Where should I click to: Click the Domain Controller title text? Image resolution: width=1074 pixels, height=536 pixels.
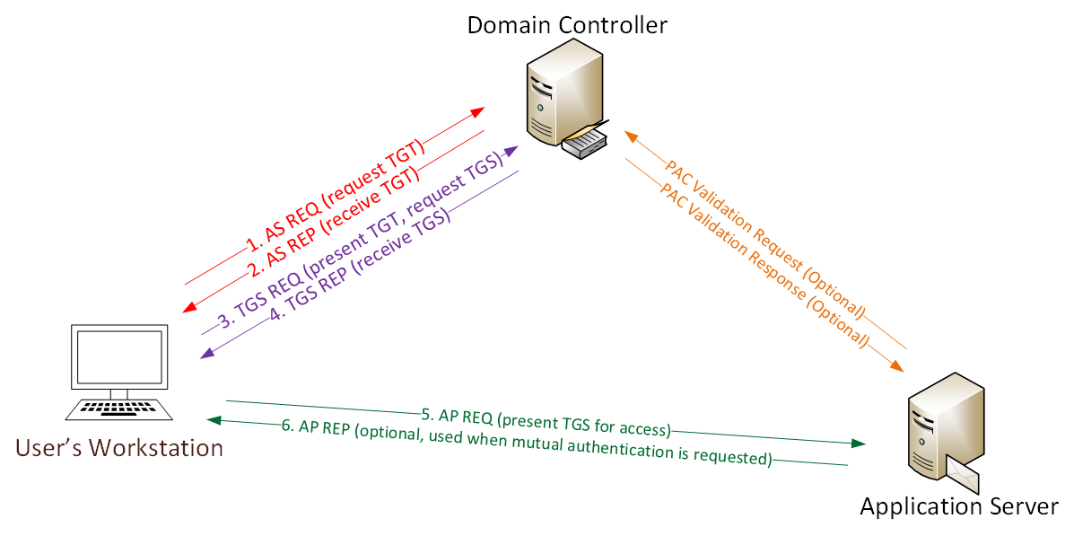click(x=566, y=24)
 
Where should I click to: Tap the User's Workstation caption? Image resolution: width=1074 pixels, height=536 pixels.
click(x=118, y=447)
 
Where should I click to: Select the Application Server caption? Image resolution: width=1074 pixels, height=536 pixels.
click(x=959, y=507)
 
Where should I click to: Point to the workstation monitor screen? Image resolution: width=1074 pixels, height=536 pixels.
click(x=119, y=357)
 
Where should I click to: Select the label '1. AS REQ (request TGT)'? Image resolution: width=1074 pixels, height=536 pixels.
click(x=334, y=193)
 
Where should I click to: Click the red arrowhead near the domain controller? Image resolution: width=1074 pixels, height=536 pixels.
click(x=476, y=112)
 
